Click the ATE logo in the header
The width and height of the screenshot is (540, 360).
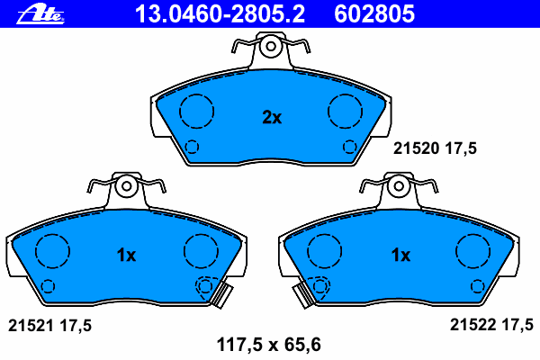(40, 13)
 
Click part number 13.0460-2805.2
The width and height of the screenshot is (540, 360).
(220, 13)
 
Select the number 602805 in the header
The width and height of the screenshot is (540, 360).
(374, 13)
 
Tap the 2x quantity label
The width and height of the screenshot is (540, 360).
(272, 118)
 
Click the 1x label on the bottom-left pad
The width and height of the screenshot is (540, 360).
(126, 256)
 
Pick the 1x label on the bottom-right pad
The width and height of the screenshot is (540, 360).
(400, 256)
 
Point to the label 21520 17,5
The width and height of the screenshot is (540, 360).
(435, 148)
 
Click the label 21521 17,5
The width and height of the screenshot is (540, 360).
(49, 326)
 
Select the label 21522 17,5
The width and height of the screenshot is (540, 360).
(491, 325)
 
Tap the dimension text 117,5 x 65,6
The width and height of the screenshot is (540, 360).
(268, 345)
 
